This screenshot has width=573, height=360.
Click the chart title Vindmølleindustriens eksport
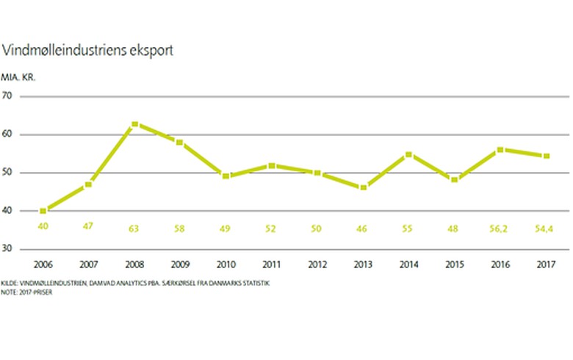click(88, 51)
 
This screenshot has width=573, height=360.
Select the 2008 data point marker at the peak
click(134, 124)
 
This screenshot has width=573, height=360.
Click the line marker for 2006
click(43, 211)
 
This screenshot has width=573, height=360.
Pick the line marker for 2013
click(363, 187)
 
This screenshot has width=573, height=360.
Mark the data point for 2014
click(408, 154)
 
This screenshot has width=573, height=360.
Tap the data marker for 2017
click(545, 156)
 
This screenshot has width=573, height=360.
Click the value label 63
click(134, 229)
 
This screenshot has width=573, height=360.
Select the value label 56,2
click(500, 229)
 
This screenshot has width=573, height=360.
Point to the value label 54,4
click(545, 229)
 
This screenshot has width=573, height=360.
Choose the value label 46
click(363, 229)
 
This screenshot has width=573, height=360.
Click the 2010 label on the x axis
click(226, 265)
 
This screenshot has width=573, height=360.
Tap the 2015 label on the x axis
click(454, 265)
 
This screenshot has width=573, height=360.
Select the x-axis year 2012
click(317, 265)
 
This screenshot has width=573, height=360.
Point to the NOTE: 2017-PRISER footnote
click(28, 291)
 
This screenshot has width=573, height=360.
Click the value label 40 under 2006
click(43, 229)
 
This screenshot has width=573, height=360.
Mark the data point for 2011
click(272, 165)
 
